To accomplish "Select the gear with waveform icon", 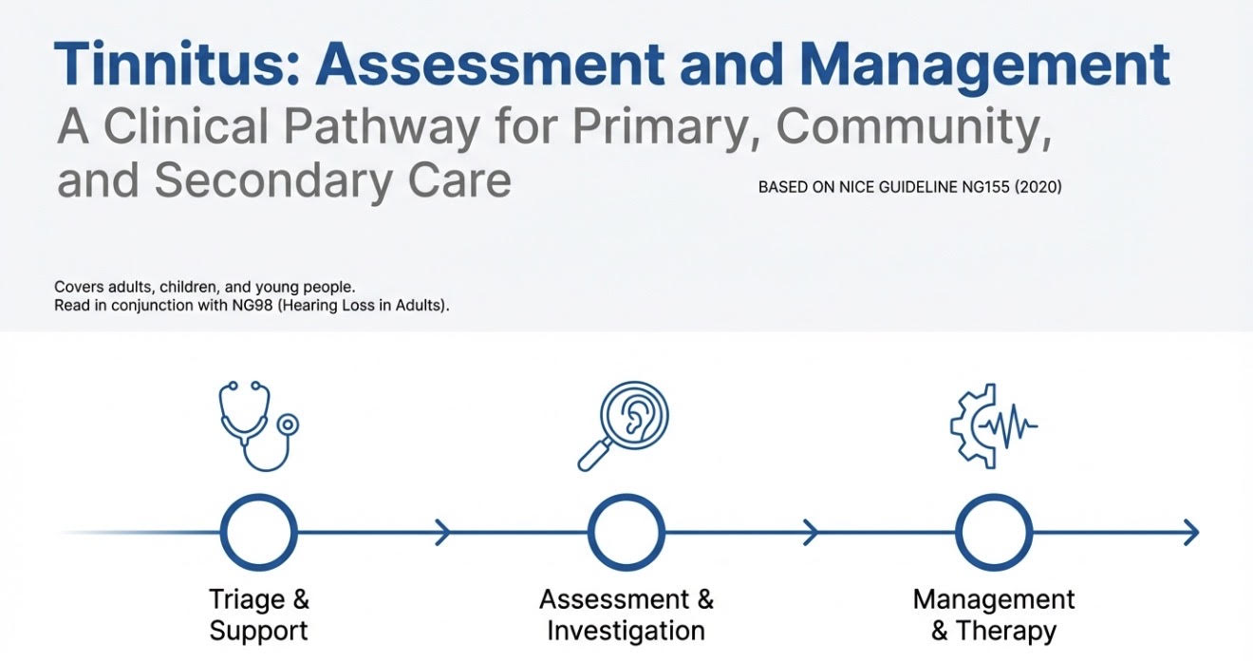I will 992,425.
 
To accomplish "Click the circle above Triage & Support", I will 258,533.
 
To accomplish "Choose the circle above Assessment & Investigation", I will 626,533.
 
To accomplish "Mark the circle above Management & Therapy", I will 993,533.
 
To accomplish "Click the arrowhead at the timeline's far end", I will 1191,533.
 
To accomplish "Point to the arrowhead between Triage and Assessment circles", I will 442,533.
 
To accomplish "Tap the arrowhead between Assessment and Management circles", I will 810,533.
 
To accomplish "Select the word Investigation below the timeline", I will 626,632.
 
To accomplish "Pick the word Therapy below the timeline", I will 1006,632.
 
